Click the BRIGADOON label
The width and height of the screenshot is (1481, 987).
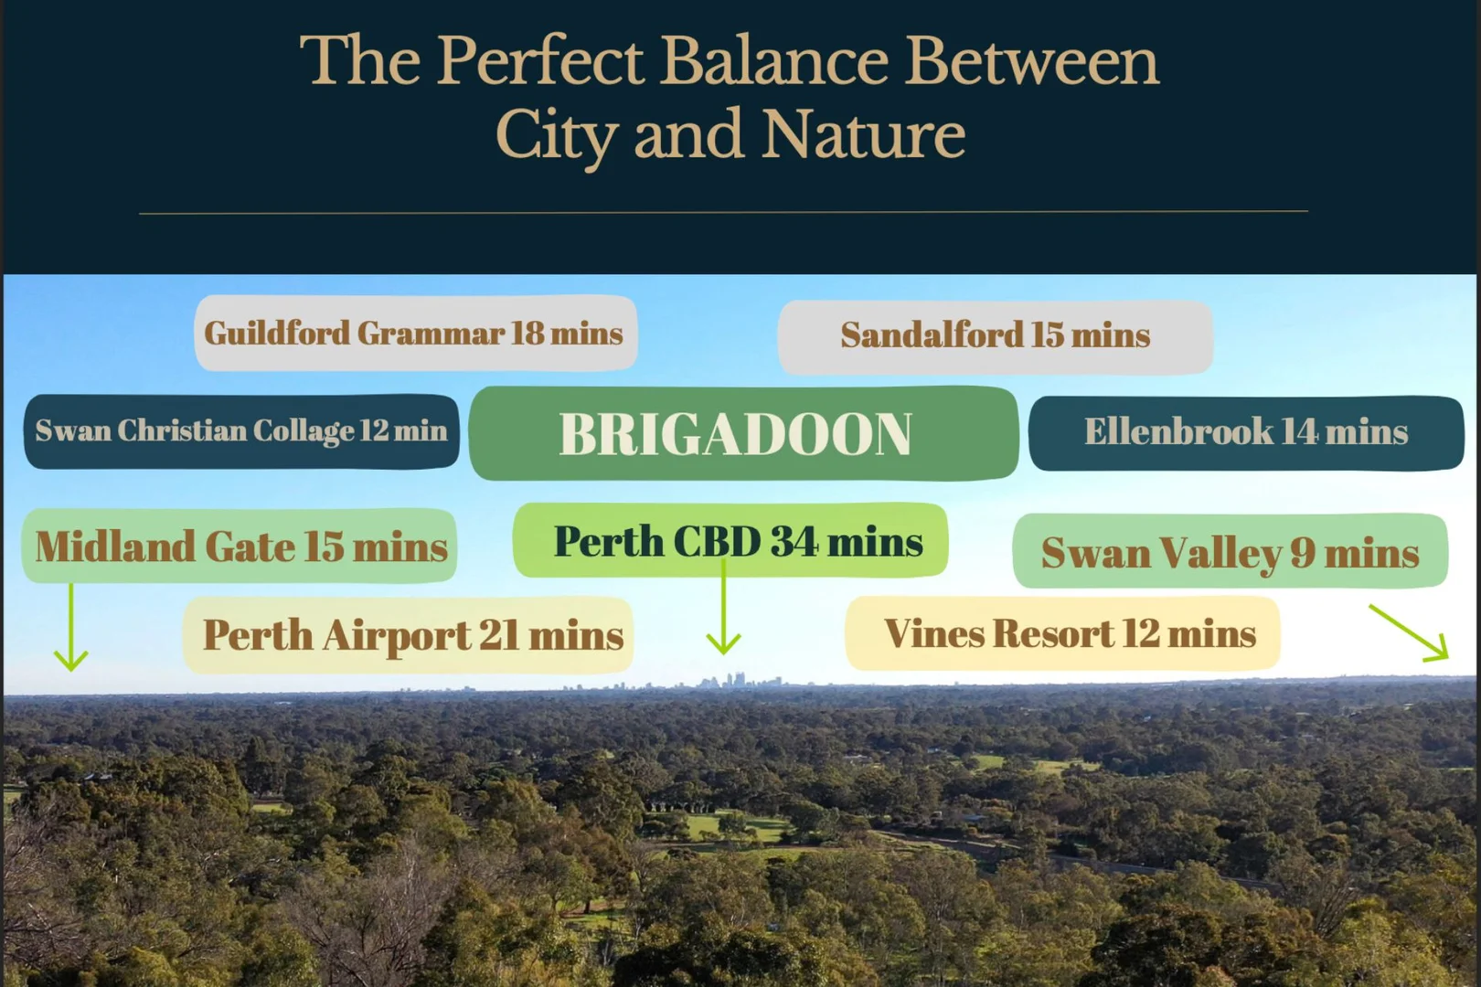coord(743,434)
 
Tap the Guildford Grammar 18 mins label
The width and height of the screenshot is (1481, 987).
coord(416,334)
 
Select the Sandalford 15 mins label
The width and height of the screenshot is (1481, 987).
coord(996,335)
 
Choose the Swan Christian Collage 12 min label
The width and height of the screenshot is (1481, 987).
coord(241,431)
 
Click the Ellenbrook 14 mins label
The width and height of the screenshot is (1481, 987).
coord(1246,433)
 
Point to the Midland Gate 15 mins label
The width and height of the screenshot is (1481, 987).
coord(240,547)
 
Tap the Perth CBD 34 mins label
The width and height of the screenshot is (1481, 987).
coord(730,541)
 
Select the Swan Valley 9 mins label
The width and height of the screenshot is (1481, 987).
coord(1231,551)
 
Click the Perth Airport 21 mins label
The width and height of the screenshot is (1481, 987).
coord(409,635)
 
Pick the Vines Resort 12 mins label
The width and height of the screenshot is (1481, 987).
coord(1062,633)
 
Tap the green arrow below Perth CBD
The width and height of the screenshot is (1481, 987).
coord(723,607)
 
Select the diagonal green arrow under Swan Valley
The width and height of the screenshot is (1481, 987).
coord(1409,632)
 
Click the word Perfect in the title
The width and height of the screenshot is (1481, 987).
coord(539,60)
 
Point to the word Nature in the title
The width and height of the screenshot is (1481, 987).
coord(863,134)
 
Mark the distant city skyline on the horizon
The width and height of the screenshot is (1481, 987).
coord(728,681)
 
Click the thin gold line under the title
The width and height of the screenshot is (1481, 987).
coord(723,212)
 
